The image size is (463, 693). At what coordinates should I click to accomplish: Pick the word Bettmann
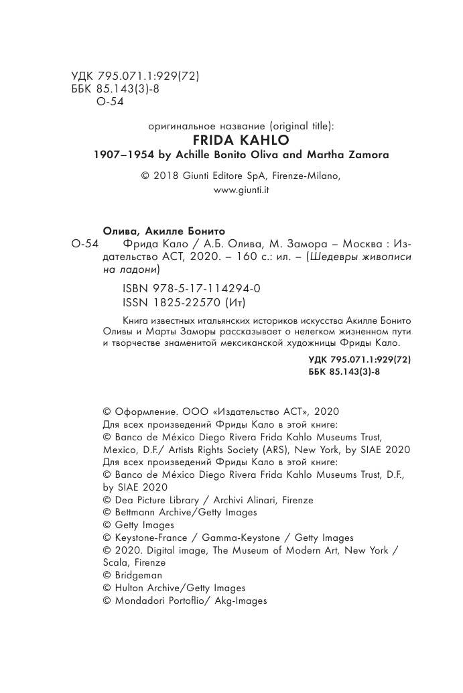pos(133,512)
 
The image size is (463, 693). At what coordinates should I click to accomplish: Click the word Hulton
pos(127,588)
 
